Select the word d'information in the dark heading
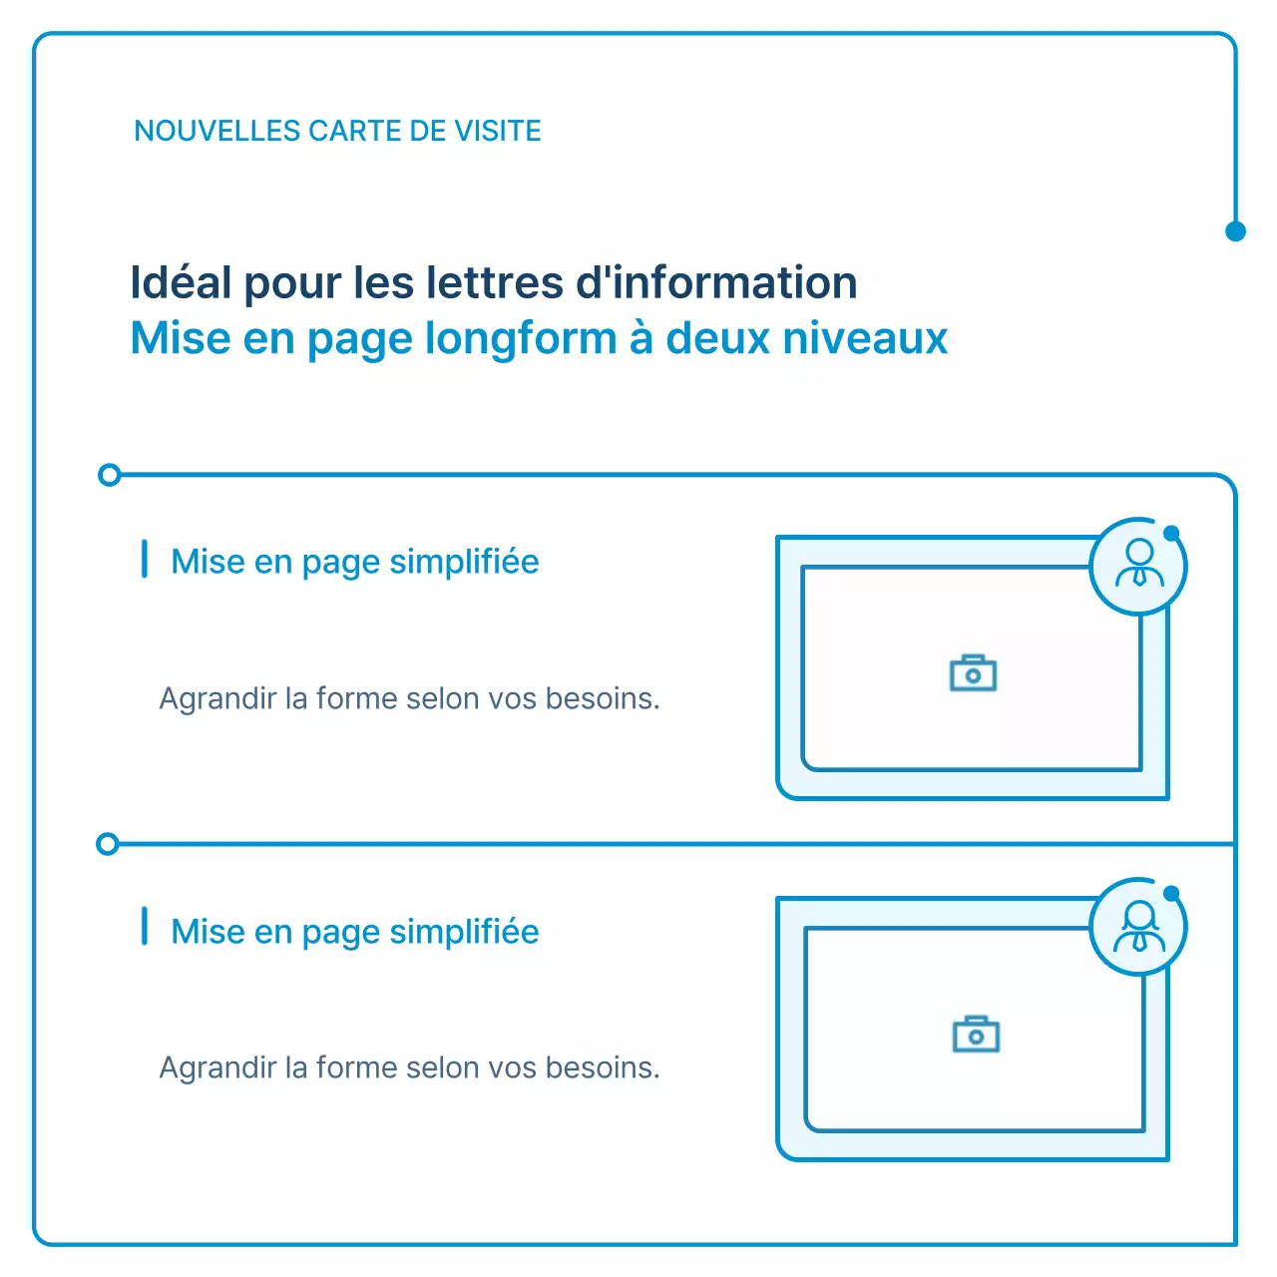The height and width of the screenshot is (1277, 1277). pyautogui.click(x=716, y=282)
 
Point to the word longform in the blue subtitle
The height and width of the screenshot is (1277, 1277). pyautogui.click(x=521, y=339)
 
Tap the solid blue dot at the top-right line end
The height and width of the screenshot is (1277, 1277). pyautogui.click(x=1235, y=231)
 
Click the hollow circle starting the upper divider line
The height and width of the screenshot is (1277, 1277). pyautogui.click(x=110, y=475)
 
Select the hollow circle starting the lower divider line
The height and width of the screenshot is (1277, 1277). pyautogui.click(x=108, y=845)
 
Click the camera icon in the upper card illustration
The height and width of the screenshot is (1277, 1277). pyautogui.click(x=973, y=673)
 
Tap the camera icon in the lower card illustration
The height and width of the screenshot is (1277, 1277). pyautogui.click(x=976, y=1035)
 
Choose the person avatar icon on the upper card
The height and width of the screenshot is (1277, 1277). pyautogui.click(x=1138, y=564)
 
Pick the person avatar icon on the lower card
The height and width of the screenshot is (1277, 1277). pyautogui.click(x=1138, y=927)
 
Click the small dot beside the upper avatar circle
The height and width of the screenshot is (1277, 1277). pyautogui.click(x=1171, y=533)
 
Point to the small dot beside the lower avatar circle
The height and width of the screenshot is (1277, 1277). pyautogui.click(x=1171, y=893)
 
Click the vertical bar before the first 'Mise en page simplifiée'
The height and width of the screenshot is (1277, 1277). pyautogui.click(x=145, y=560)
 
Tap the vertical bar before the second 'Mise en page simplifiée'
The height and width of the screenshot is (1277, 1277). pyautogui.click(x=145, y=927)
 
